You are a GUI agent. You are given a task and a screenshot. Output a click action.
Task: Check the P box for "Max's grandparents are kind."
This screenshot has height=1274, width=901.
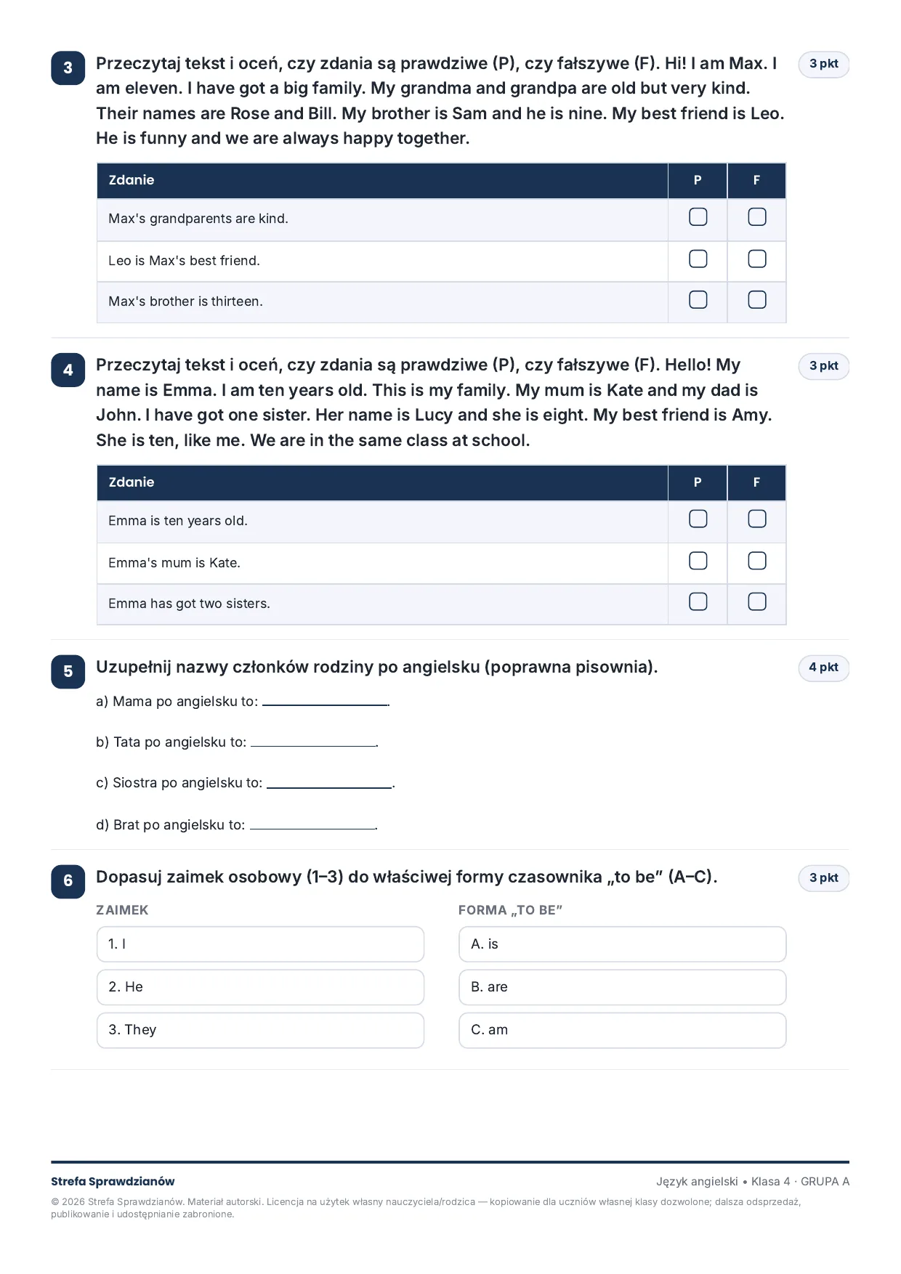(x=698, y=217)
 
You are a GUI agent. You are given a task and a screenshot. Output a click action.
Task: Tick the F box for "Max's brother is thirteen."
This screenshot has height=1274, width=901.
(x=756, y=300)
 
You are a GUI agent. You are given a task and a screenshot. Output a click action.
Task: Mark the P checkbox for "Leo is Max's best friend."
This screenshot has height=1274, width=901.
(x=698, y=259)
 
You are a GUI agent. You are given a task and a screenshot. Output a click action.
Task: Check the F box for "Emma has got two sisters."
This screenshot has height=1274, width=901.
(x=756, y=602)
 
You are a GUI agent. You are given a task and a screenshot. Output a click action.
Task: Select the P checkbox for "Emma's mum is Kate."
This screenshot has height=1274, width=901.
(x=698, y=561)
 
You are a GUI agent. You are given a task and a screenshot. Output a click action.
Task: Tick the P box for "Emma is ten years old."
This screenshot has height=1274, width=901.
(x=698, y=519)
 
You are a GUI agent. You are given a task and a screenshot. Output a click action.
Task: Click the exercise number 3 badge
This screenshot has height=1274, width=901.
(x=68, y=68)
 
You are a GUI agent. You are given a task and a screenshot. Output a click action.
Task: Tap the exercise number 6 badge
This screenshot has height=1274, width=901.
(x=68, y=881)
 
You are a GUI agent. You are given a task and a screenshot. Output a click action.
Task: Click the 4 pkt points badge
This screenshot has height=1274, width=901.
(x=823, y=668)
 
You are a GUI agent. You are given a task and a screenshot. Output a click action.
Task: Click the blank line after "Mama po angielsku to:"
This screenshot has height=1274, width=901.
(x=326, y=705)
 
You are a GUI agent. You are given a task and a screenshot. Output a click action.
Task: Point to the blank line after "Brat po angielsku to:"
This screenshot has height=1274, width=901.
(x=312, y=828)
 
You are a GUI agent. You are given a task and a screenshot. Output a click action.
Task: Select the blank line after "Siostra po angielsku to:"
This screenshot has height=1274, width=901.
(x=329, y=787)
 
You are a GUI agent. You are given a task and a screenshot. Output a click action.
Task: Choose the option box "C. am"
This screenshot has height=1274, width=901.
(x=622, y=1030)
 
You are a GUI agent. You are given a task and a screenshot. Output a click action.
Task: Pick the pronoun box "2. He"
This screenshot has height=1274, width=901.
(x=260, y=987)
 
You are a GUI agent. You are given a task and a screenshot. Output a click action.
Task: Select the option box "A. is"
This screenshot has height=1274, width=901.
(x=622, y=944)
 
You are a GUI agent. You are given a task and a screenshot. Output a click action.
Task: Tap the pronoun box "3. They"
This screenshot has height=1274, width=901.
(x=260, y=1030)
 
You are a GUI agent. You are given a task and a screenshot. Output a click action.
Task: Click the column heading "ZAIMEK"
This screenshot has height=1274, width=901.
(x=122, y=910)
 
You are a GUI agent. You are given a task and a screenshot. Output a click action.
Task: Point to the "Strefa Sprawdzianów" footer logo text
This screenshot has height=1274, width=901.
(x=113, y=1182)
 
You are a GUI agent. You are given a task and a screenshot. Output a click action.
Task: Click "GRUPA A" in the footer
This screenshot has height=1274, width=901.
(x=825, y=1182)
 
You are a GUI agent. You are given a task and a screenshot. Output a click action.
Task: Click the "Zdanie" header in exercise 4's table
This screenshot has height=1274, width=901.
(x=132, y=482)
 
